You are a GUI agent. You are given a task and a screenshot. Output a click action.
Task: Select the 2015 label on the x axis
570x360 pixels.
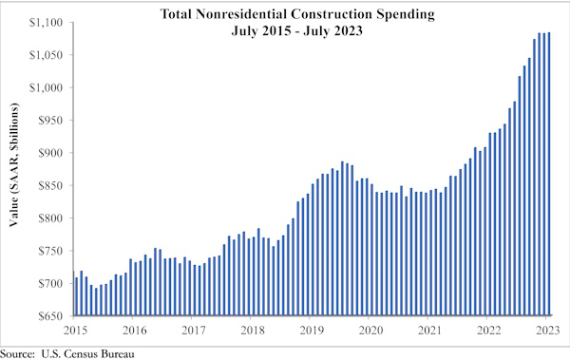[x=75, y=330]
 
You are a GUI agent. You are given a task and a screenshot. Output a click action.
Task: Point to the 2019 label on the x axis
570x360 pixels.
[x=312, y=330]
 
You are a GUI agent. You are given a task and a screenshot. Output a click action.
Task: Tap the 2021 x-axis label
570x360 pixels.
[x=430, y=330]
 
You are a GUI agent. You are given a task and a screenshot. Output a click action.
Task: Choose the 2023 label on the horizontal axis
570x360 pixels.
[x=548, y=330]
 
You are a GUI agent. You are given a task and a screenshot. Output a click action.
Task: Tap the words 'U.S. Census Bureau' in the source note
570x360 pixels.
[x=88, y=352]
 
